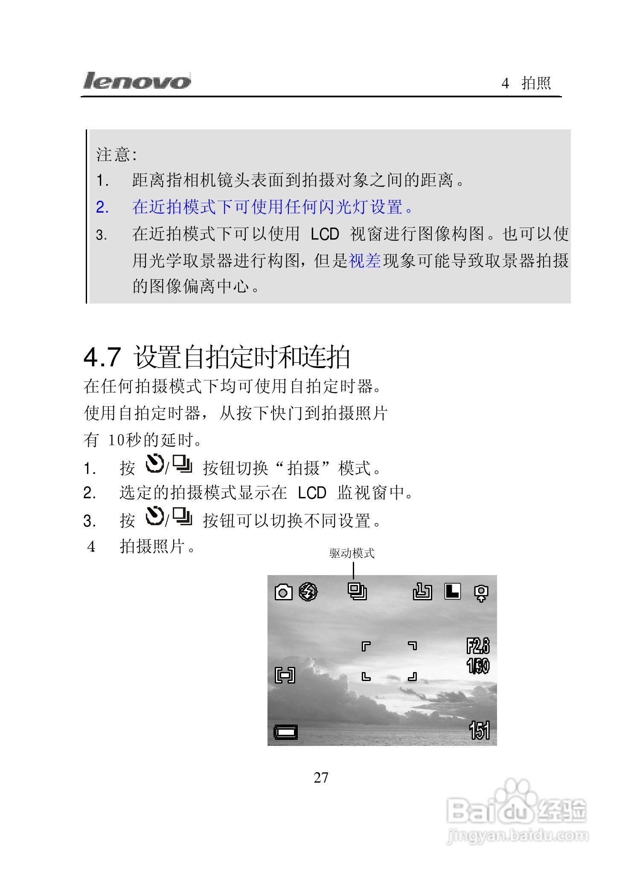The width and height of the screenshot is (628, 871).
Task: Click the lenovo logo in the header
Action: pyautogui.click(x=137, y=81)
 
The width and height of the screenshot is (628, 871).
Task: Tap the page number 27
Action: pyautogui.click(x=321, y=778)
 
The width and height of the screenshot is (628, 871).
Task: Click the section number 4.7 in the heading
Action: pyautogui.click(x=102, y=357)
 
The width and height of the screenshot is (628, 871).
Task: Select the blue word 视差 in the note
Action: pyautogui.click(x=365, y=260)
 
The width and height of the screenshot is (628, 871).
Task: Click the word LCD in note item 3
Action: pyautogui.click(x=325, y=234)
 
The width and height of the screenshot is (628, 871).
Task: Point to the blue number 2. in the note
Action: pyautogui.click(x=102, y=208)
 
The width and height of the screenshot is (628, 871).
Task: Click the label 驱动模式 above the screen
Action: pyautogui.click(x=352, y=553)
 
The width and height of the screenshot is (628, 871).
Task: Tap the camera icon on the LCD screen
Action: pyautogui.click(x=283, y=592)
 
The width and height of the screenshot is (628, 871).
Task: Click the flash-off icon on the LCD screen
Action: pyautogui.click(x=308, y=592)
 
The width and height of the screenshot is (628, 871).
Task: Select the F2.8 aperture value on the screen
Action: pyautogui.click(x=478, y=646)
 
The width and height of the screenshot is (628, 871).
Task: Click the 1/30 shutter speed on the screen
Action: pyautogui.click(x=478, y=666)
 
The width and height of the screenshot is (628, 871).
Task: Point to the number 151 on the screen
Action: pyautogui.click(x=479, y=731)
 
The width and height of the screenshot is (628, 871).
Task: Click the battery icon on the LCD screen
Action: pyautogui.click(x=285, y=733)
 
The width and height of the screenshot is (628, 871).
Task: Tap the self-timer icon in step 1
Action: pyautogui.click(x=154, y=464)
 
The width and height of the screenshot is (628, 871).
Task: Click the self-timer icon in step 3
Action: pyautogui.click(x=154, y=517)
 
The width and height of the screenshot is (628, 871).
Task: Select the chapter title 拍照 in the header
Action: pyautogui.click(x=536, y=83)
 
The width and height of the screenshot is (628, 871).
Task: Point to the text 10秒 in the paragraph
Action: pyautogui.click(x=124, y=440)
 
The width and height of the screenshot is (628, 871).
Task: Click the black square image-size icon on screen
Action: pyautogui.click(x=453, y=592)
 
